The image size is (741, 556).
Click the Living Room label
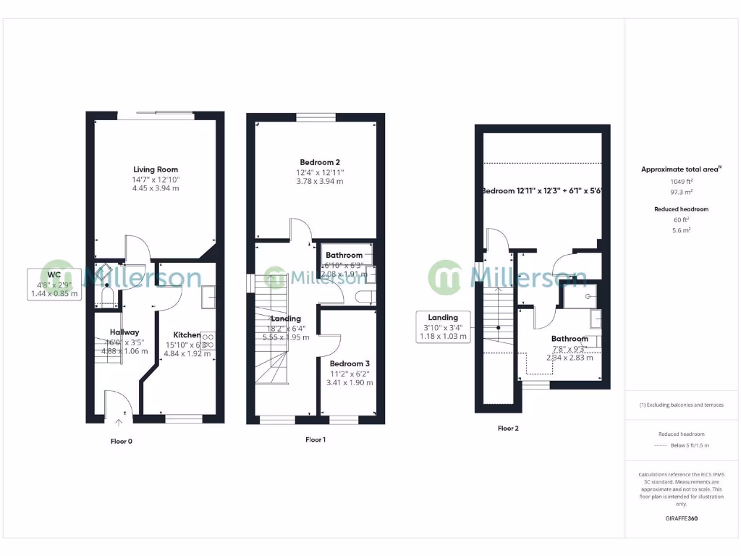pos(156,169)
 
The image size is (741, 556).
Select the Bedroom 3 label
pos(350,363)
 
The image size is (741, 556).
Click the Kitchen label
pos(187,335)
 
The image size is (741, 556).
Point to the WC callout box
pos(54,285)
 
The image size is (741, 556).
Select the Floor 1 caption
pos(316,439)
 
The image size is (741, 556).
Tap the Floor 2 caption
pos(508,428)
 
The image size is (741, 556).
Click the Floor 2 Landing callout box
pos(443,327)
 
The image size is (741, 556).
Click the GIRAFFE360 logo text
pos(682,518)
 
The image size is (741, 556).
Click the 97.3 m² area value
pos(679,193)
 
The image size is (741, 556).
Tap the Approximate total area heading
pos(679,169)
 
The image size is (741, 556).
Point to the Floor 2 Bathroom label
pos(569,339)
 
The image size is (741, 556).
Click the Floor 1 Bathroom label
pos(344,256)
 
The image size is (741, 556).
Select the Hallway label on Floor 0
pos(124,332)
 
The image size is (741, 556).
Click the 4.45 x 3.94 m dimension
pos(156,188)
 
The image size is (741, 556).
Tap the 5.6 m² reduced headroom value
pos(681,229)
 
